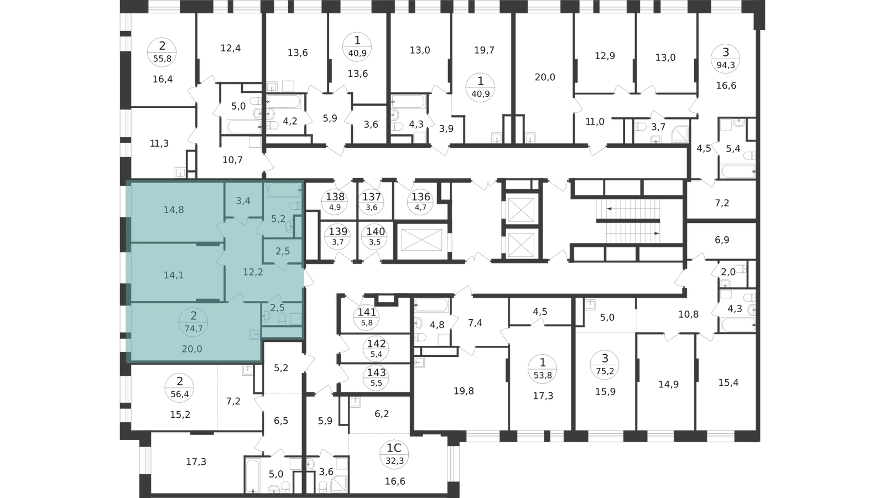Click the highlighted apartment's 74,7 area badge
click(x=193, y=322)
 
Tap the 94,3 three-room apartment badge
click(x=726, y=59)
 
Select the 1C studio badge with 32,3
click(x=394, y=454)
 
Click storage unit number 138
click(x=335, y=201)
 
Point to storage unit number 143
click(x=377, y=378)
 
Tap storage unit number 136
click(x=421, y=201)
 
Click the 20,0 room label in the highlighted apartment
click(x=192, y=349)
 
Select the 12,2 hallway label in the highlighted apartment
click(x=253, y=272)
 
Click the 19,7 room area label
click(x=485, y=50)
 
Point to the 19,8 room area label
click(x=464, y=391)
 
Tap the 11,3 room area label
click(x=159, y=143)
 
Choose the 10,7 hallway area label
click(x=233, y=160)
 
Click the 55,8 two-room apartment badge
click(x=162, y=52)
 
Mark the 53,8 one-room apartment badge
click(x=543, y=369)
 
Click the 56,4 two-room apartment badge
click(x=180, y=388)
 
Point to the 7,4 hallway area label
click(x=475, y=323)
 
